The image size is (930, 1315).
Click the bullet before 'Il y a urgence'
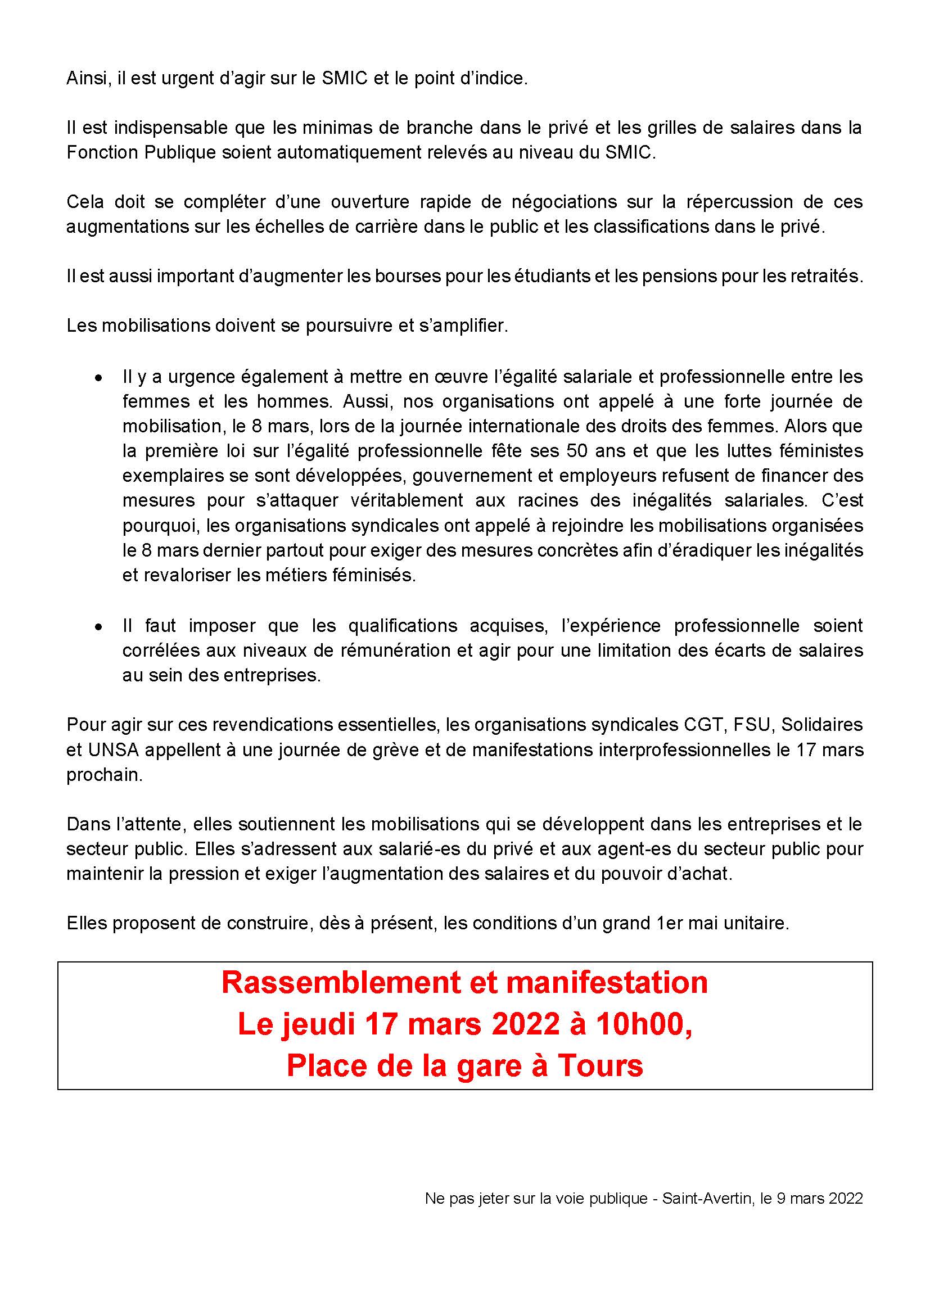[x=99, y=378]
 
